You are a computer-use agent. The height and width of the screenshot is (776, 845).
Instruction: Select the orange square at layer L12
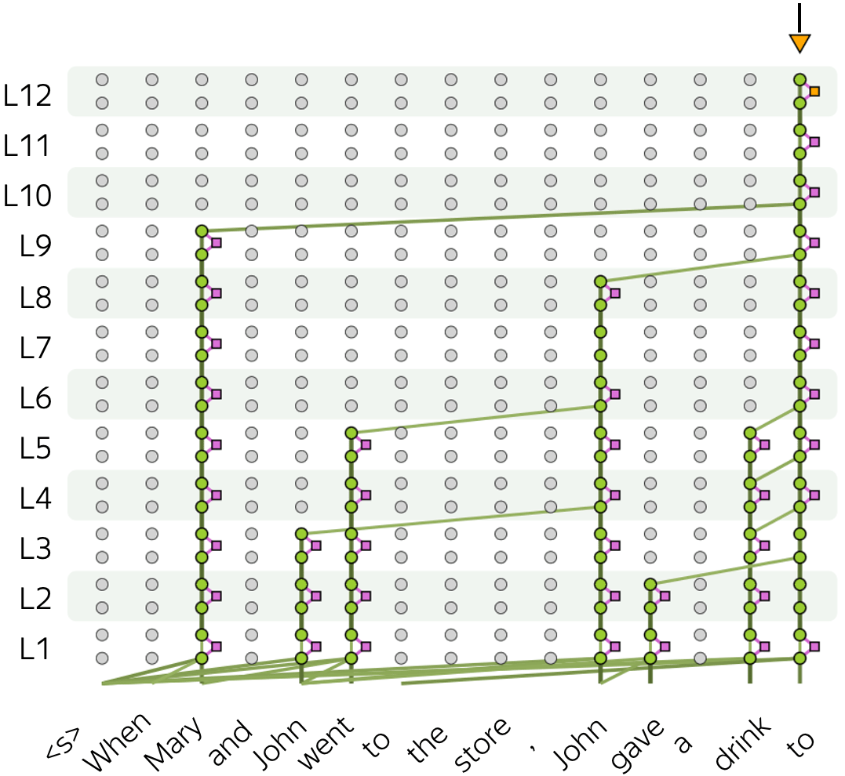814,92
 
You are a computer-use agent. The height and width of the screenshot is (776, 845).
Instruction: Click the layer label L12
27,95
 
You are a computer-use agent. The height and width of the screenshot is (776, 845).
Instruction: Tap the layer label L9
35,246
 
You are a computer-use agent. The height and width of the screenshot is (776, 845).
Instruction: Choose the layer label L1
35,649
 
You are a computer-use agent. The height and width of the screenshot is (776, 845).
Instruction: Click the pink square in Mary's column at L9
217,243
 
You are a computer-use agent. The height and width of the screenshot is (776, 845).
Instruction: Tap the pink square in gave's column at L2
665,597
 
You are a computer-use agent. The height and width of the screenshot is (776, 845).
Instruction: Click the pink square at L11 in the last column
814,142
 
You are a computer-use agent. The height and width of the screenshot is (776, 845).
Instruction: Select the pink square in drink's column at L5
765,444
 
